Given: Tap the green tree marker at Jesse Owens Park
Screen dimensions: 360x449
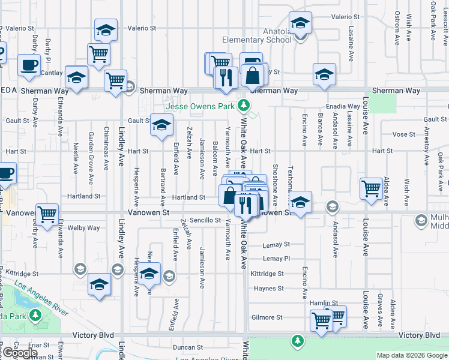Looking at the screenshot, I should click(243, 106).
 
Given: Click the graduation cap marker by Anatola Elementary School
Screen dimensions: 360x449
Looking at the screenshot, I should click(300, 25).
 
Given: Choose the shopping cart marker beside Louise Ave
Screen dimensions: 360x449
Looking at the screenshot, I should click(372, 189).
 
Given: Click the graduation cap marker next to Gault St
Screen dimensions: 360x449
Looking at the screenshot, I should click(161, 125).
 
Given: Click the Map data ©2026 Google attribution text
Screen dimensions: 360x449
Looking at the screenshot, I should click(412, 355).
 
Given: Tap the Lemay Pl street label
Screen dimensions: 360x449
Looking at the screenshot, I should click(277, 259).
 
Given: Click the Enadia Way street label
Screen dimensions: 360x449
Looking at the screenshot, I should click(344, 106).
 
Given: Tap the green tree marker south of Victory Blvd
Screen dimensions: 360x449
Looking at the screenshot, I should click(297, 341).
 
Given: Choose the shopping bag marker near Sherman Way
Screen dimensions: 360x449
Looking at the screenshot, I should click(253, 76).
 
